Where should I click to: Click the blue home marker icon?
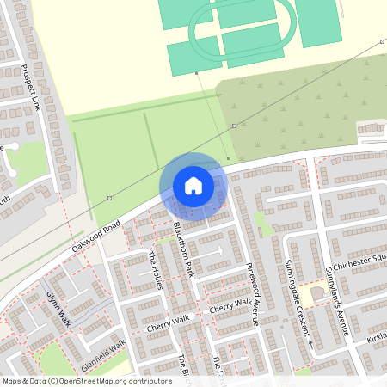tap(193, 186)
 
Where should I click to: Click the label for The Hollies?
tap(157, 270)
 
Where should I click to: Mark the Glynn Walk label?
tap(58, 307)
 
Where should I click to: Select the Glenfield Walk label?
tap(103, 353)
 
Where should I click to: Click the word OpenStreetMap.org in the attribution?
tap(120, 380)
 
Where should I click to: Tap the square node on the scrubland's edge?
tap(234, 126)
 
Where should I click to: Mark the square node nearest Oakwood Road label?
tap(109, 199)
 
